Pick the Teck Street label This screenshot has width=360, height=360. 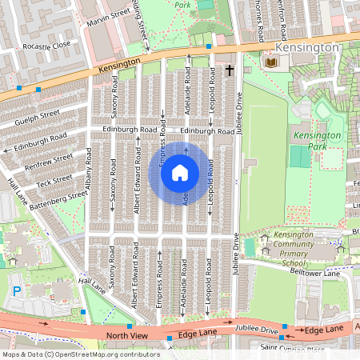[x=54, y=178]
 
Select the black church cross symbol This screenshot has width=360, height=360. [x=230, y=70]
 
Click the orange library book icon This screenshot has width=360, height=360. [x=271, y=62]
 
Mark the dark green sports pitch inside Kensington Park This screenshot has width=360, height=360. [x=300, y=157]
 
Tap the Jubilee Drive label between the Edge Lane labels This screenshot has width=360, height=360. [x=256, y=329]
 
